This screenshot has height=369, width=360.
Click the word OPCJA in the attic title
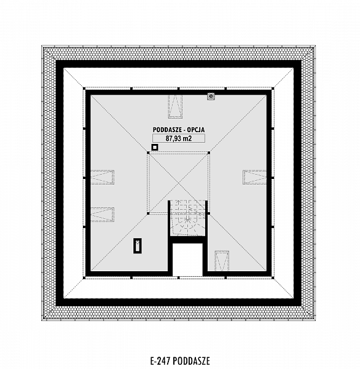[196, 130]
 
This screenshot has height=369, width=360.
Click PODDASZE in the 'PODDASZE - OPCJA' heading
[167, 130]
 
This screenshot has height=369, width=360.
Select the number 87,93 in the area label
[173, 138]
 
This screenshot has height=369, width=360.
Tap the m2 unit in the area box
[187, 138]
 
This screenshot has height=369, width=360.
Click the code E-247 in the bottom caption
[160, 360]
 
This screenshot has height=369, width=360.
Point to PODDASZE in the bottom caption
[190, 360]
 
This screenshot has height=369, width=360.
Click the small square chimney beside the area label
[154, 148]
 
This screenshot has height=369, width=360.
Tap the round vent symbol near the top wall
[211, 97]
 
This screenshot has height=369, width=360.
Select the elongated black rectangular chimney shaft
[138, 246]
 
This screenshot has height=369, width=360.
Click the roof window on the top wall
[175, 106]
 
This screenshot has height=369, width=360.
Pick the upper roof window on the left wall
[102, 177]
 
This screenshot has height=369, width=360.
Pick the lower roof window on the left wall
[102, 215]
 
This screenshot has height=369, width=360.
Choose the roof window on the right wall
[255, 177]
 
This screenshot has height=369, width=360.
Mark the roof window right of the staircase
[222, 261]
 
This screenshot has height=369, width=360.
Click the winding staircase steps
[187, 218]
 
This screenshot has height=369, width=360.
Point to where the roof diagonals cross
[179, 183]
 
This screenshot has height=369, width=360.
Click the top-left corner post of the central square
[148, 153]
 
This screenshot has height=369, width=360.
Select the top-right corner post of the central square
[209, 153]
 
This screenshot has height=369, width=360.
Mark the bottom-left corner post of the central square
[148, 213]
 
